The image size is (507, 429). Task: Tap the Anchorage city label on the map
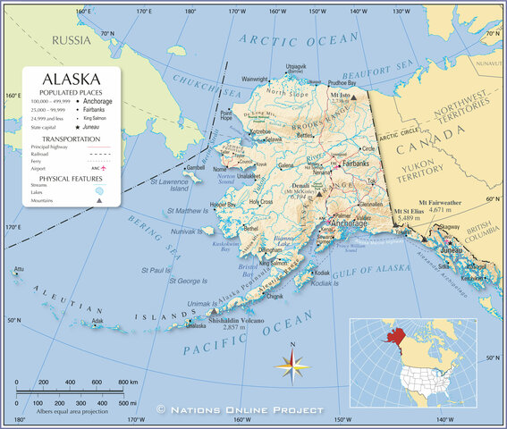(x=349, y=222)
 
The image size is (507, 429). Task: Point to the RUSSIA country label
(x=72, y=41)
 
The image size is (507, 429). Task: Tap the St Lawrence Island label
(x=169, y=185)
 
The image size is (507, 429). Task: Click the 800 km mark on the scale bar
(x=128, y=382)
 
